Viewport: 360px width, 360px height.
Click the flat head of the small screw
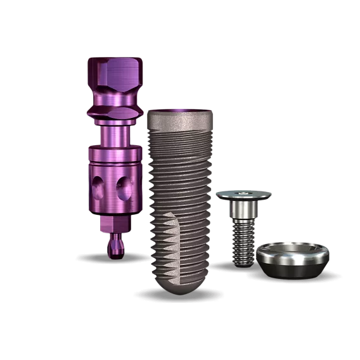[243, 195]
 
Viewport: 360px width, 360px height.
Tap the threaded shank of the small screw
[243, 244]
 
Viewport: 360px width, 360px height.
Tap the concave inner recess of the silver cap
[293, 248]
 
